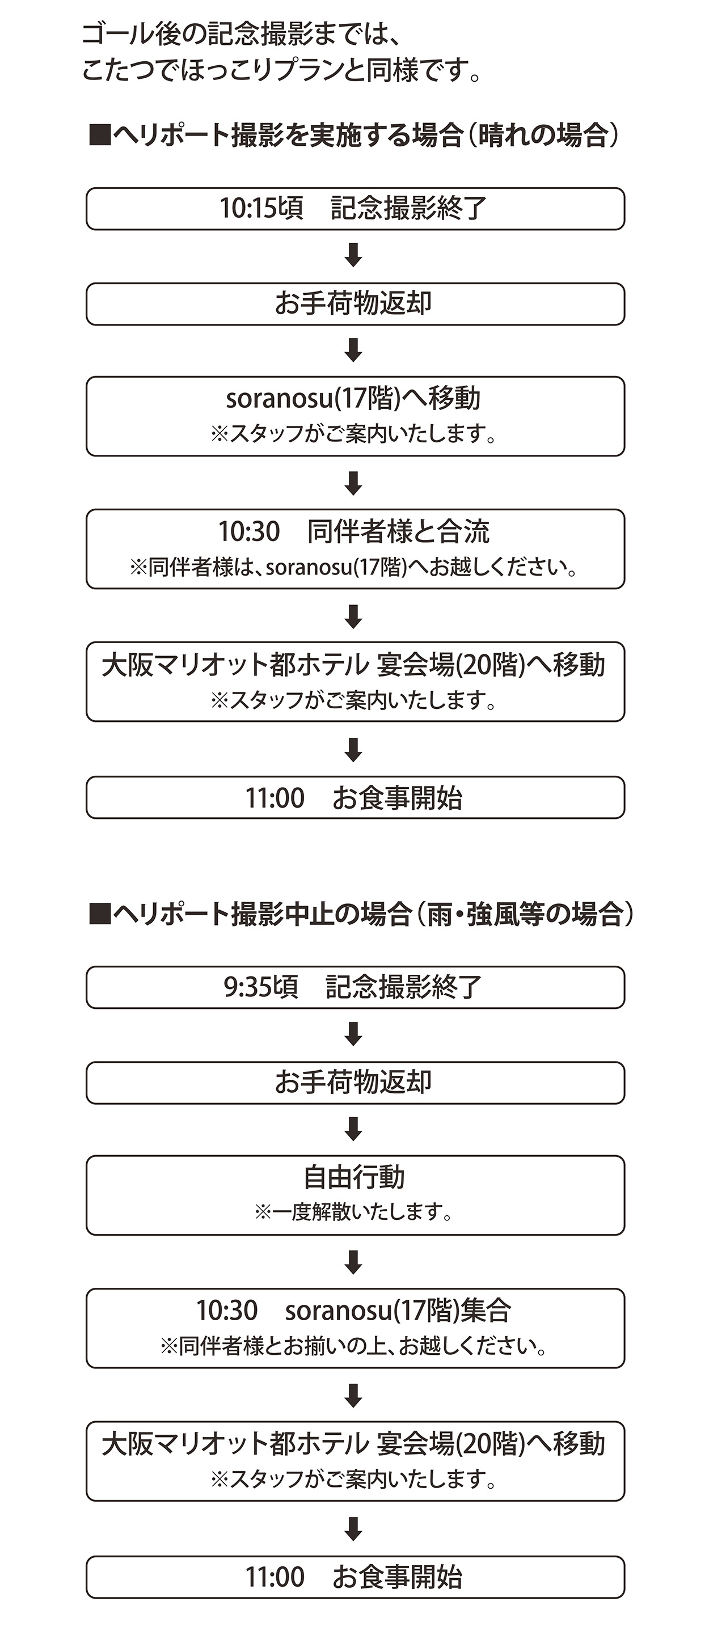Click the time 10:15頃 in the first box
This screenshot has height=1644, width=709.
click(x=261, y=209)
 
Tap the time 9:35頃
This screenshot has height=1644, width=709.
click(x=260, y=987)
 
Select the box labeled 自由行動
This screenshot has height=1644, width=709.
click(x=355, y=1195)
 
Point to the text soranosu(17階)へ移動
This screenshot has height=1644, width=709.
click(x=353, y=399)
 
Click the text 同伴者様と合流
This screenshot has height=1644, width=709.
click(x=398, y=531)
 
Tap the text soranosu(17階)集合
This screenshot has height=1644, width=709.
click(x=398, y=1311)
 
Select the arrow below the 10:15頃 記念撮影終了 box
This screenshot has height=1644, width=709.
click(x=353, y=255)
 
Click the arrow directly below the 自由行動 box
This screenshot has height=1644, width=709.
click(x=353, y=1262)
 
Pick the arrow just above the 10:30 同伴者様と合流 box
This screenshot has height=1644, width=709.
click(x=353, y=483)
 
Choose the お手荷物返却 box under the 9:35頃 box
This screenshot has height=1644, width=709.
click(x=355, y=1083)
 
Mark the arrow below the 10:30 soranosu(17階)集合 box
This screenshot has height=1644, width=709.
click(x=353, y=1395)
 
